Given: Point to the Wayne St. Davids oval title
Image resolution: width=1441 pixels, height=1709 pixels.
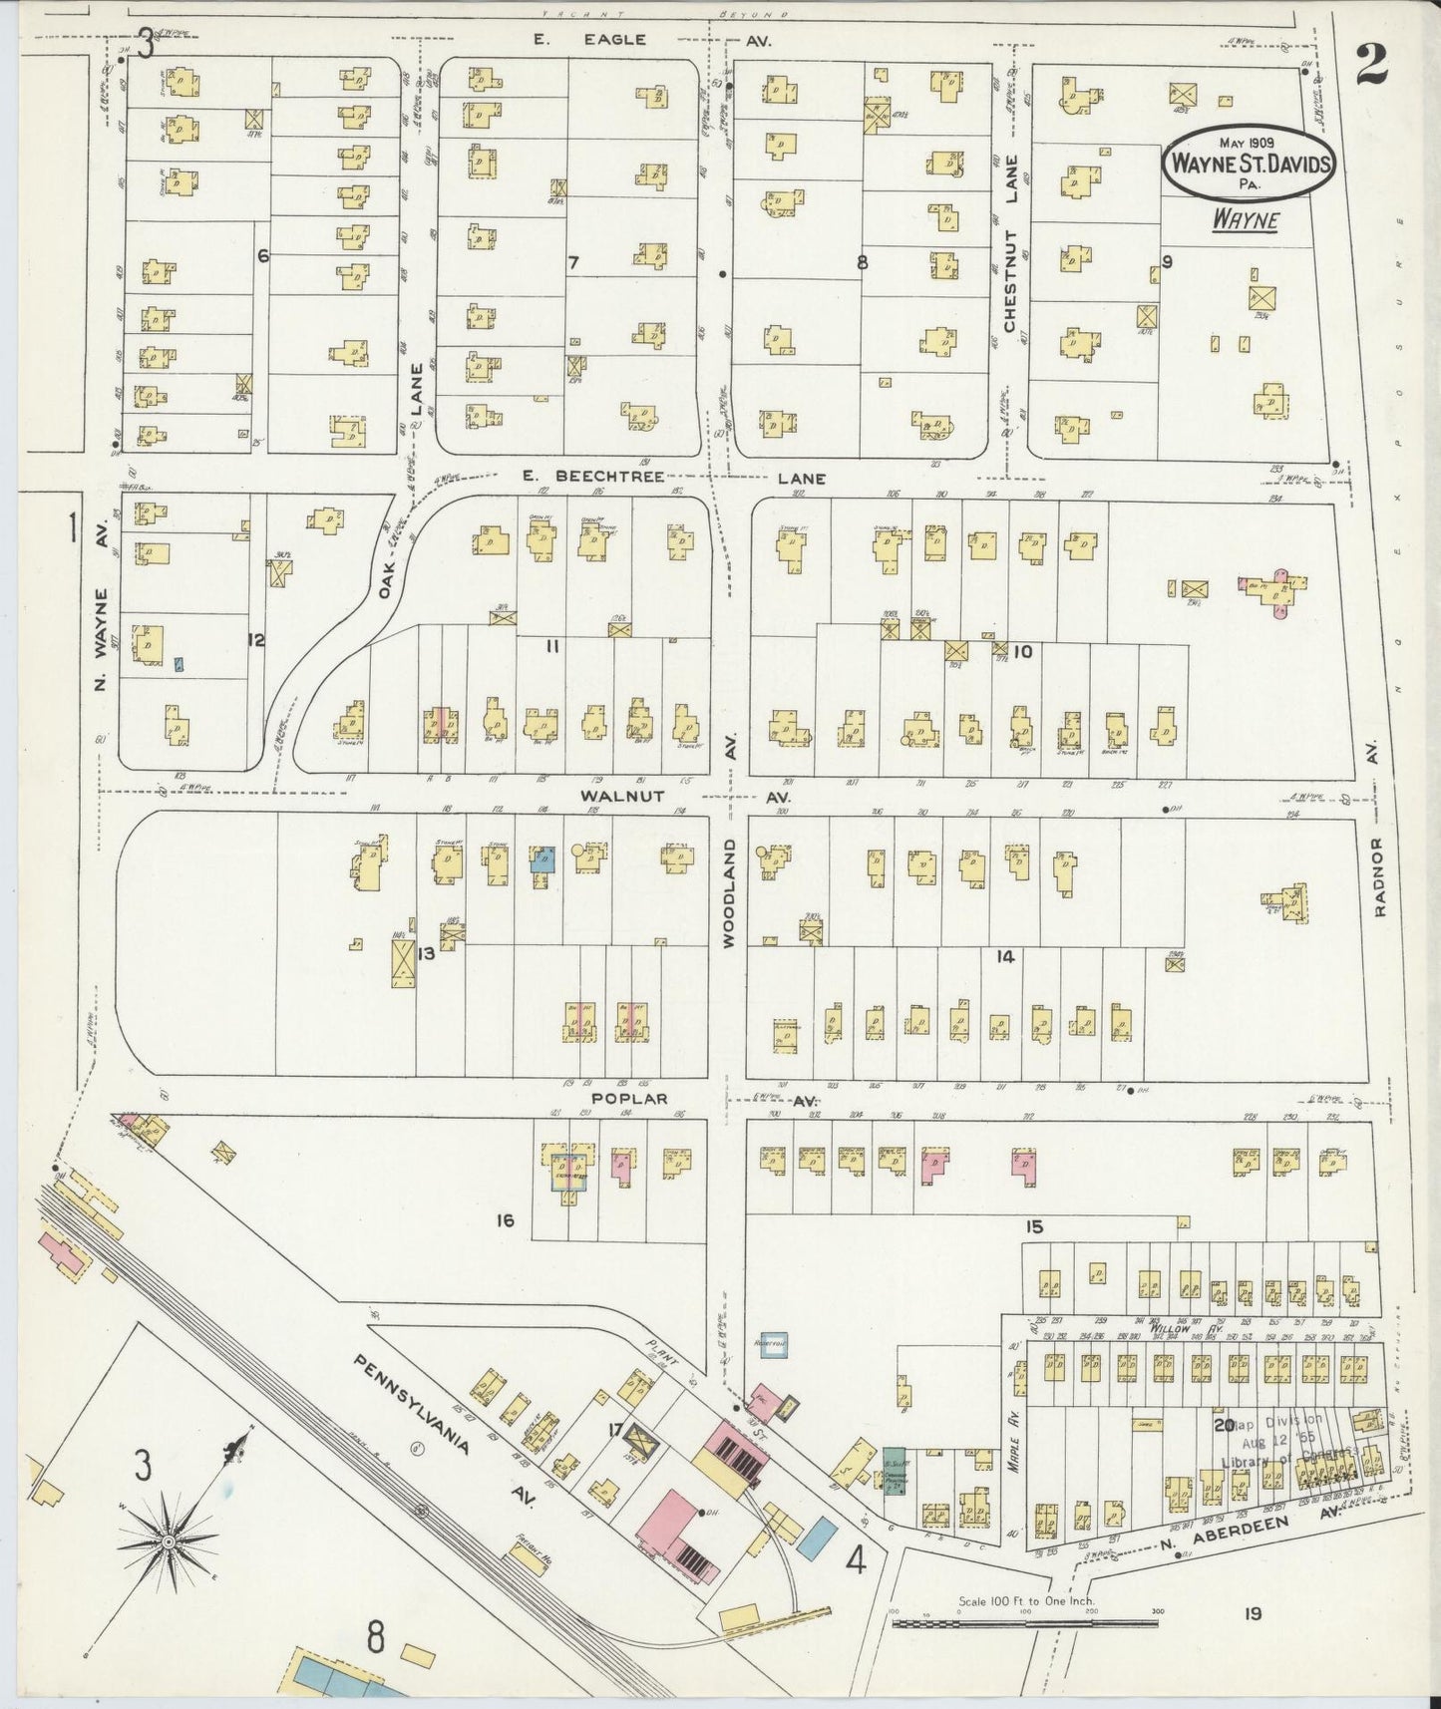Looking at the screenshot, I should [1249, 163].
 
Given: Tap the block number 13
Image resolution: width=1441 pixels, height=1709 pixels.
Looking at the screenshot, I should [426, 954].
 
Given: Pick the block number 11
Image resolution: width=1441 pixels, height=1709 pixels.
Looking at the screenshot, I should [550, 647].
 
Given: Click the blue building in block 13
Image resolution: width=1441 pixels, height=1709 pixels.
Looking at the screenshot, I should [543, 858].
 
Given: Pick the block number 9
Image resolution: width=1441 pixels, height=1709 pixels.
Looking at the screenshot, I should [1166, 262].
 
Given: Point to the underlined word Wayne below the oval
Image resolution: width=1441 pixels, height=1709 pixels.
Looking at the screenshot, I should [1246, 219].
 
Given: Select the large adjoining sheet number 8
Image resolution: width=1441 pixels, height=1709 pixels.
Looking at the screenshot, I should [375, 1636].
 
